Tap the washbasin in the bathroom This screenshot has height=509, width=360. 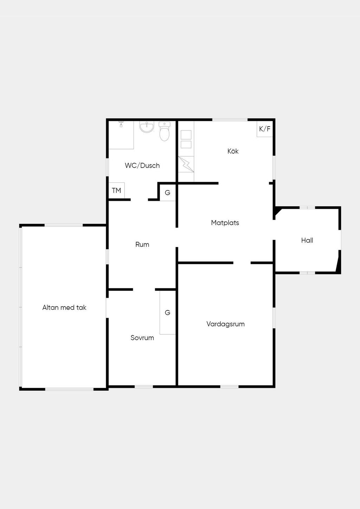(147, 127)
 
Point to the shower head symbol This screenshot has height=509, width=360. (121, 124)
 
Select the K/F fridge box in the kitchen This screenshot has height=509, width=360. (265, 129)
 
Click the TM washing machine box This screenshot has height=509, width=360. (116, 191)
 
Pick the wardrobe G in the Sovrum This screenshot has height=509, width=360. (167, 313)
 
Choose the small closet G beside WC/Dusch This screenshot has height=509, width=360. (167, 193)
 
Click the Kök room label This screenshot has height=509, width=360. (233, 151)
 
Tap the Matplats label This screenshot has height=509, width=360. (225, 223)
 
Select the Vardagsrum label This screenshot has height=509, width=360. (225, 324)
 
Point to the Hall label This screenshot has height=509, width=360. (307, 240)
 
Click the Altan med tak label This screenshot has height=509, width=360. (64, 308)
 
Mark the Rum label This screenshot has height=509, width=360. (142, 245)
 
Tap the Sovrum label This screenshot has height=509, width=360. (142, 338)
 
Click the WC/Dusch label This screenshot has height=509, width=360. (142, 166)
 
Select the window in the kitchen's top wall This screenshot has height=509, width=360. (230, 120)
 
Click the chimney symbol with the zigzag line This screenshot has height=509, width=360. (186, 164)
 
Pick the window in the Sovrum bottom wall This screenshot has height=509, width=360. (144, 387)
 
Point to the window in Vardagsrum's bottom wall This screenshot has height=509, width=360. (229, 387)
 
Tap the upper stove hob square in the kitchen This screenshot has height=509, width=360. (186, 135)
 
